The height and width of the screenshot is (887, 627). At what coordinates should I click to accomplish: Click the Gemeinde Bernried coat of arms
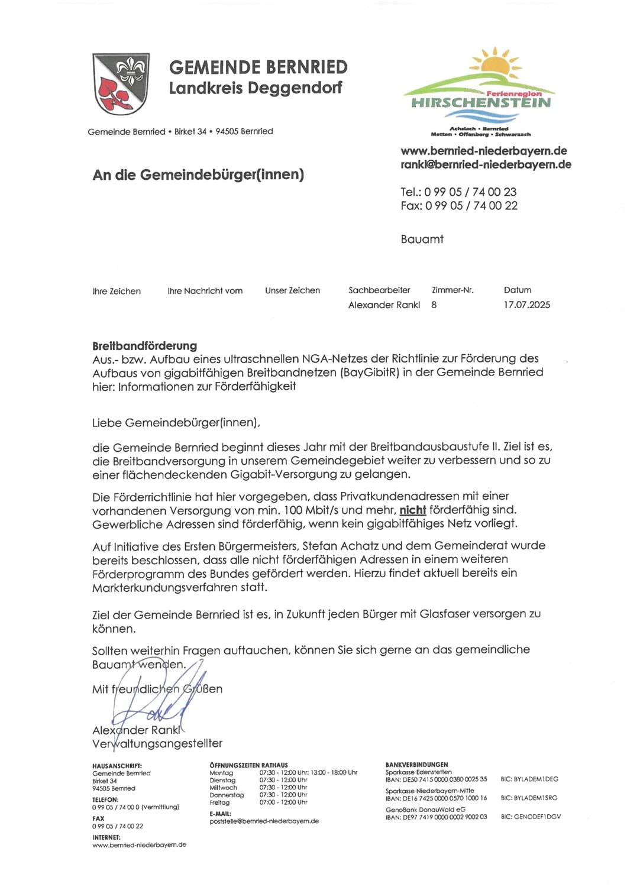(x=121, y=83)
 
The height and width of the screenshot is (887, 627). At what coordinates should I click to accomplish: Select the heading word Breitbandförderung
(x=144, y=346)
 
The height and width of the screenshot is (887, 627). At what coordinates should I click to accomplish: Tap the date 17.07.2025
(x=526, y=305)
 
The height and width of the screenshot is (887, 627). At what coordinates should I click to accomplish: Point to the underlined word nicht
(x=412, y=510)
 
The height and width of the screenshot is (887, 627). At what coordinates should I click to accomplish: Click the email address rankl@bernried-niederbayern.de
(x=486, y=165)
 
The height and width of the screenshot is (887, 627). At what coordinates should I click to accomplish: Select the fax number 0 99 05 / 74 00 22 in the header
(x=471, y=206)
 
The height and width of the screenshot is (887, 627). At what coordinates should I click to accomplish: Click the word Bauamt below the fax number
(x=422, y=239)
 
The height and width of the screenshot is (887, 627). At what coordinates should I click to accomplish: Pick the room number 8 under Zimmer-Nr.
(x=434, y=305)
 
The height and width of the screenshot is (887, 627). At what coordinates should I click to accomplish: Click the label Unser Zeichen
(x=292, y=291)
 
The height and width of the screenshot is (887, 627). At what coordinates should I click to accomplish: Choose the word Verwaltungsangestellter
(x=157, y=744)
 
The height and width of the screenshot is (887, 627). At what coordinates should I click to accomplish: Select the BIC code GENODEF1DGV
(x=531, y=817)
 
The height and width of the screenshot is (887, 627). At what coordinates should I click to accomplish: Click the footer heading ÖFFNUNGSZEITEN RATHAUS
(x=248, y=765)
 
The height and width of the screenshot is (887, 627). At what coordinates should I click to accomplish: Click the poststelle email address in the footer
(x=264, y=821)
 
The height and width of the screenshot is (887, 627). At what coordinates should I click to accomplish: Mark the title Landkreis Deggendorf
(x=256, y=88)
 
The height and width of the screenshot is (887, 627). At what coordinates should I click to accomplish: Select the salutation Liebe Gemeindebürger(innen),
(x=176, y=423)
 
